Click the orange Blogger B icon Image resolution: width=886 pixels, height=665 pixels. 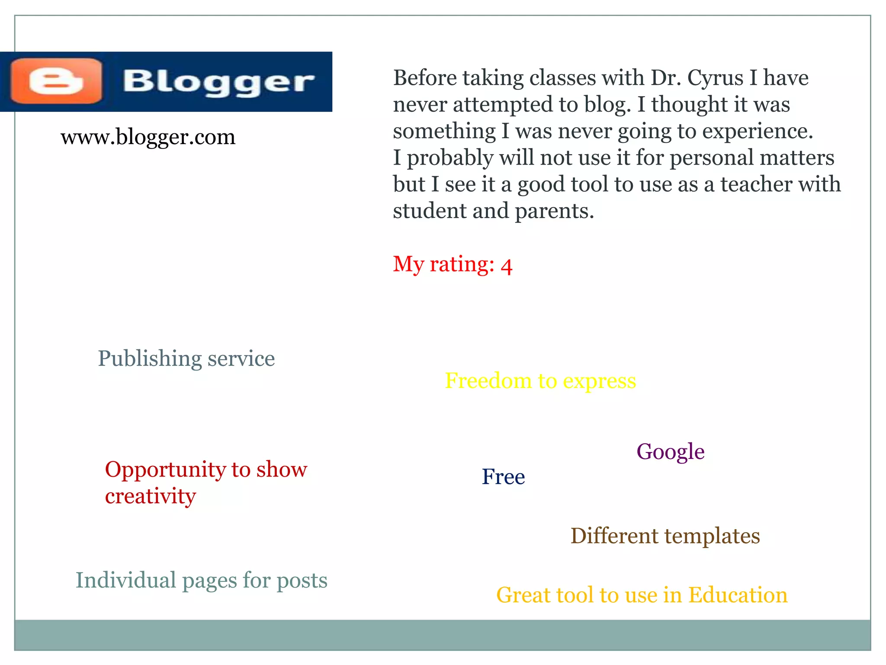click(x=56, y=81)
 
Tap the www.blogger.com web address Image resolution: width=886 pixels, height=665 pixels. click(x=148, y=137)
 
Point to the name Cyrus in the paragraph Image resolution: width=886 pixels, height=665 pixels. click(x=715, y=78)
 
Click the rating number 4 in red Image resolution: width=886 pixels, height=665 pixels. click(x=507, y=266)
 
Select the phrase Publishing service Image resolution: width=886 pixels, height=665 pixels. click(x=186, y=358)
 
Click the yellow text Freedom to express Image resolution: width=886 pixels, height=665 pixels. click(x=540, y=381)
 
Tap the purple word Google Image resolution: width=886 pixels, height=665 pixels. click(x=670, y=452)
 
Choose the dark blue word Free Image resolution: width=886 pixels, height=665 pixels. click(x=503, y=477)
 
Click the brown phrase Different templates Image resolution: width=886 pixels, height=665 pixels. click(x=665, y=536)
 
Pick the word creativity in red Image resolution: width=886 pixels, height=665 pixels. click(x=150, y=496)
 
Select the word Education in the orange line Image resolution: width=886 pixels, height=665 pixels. click(x=738, y=595)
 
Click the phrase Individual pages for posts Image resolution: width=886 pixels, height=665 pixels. click(x=201, y=581)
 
